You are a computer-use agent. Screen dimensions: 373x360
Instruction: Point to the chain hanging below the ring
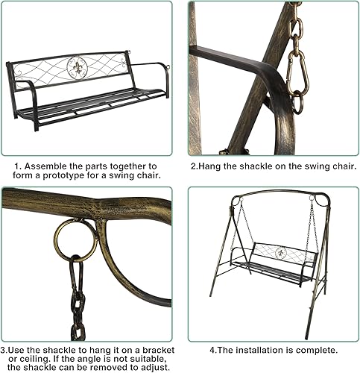(x=77, y=298)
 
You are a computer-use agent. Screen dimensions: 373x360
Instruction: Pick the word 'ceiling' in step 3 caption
(x=36, y=359)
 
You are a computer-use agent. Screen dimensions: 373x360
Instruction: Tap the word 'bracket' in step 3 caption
(x=146, y=348)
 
